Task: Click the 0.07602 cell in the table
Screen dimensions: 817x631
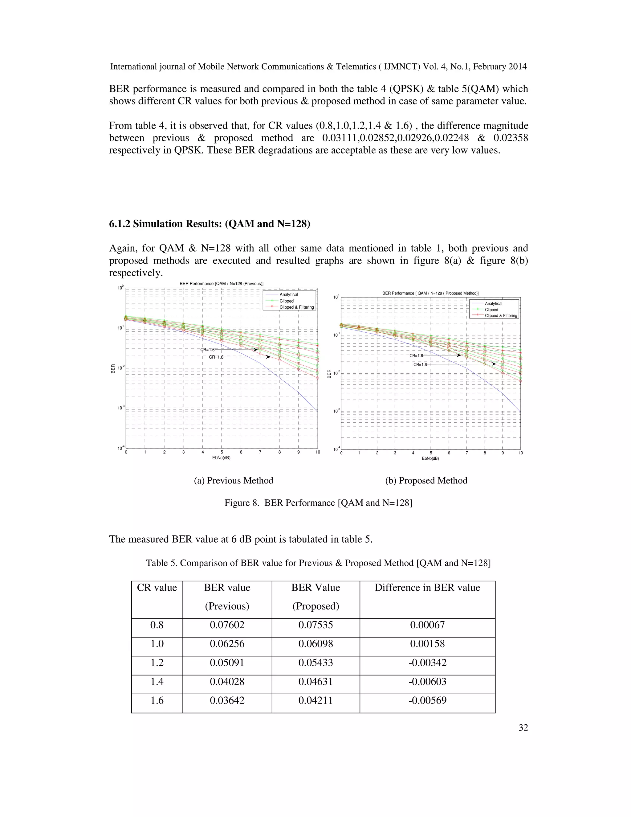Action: coord(227,625)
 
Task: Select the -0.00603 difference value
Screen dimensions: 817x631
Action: coord(427,681)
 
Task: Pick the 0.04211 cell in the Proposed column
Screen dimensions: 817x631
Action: coord(315,700)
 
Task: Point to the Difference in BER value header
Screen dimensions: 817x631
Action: coord(427,588)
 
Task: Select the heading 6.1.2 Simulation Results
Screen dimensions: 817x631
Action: coord(209,224)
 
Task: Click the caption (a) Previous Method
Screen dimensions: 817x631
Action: coord(233,480)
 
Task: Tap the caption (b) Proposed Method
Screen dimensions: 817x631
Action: coord(426,480)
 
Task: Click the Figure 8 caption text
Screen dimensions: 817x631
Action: coord(318,503)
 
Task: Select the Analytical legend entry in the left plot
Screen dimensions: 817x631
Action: coord(289,294)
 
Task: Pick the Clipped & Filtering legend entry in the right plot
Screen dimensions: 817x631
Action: coord(501,316)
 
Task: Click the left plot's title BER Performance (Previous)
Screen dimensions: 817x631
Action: coord(221,284)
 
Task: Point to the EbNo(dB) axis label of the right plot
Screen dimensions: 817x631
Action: coord(430,458)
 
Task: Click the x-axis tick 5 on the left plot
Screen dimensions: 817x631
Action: coord(222,452)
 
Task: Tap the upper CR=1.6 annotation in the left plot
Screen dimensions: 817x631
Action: coord(207,350)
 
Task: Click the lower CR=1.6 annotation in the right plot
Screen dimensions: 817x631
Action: coord(420,364)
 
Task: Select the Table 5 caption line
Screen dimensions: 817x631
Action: coord(318,563)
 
